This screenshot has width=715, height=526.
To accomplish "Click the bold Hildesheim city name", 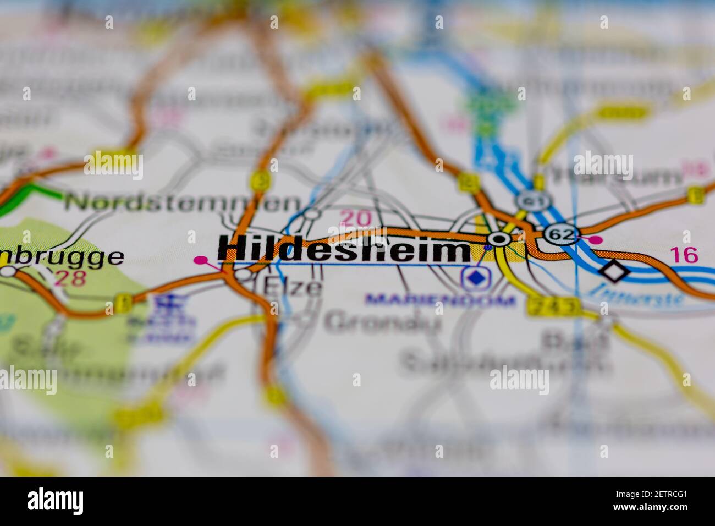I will click(344, 249).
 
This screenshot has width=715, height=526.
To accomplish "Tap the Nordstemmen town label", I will click(182, 202).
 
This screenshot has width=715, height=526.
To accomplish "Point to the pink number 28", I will click(70, 278).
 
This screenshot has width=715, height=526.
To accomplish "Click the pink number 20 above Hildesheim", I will click(355, 218).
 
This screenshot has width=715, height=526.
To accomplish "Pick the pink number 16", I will click(684, 255).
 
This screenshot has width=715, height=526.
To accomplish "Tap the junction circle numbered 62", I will click(561, 235).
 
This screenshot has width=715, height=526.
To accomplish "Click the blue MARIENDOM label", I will click(441, 300).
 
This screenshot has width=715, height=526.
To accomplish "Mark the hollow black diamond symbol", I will click(613, 270).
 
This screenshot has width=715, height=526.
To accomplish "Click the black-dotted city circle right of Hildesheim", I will click(499, 239).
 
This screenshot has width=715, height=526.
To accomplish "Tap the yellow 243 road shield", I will click(553, 306).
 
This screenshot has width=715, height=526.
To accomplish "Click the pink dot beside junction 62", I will click(596, 239).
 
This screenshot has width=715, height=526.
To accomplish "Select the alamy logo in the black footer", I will click(56, 501).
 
